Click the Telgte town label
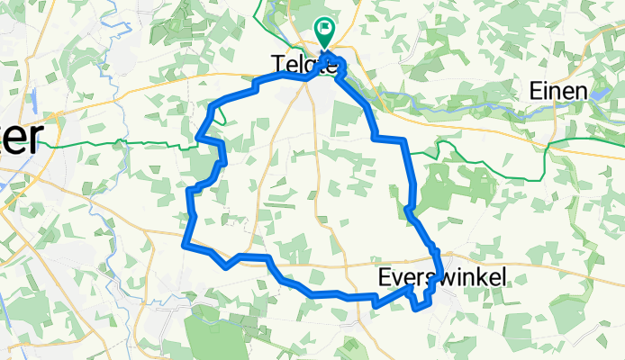click(x=304, y=64)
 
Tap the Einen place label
click(x=558, y=91)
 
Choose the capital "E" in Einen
click(x=534, y=91)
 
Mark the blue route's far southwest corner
click(x=185, y=244)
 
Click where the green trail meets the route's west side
click(x=200, y=139)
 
